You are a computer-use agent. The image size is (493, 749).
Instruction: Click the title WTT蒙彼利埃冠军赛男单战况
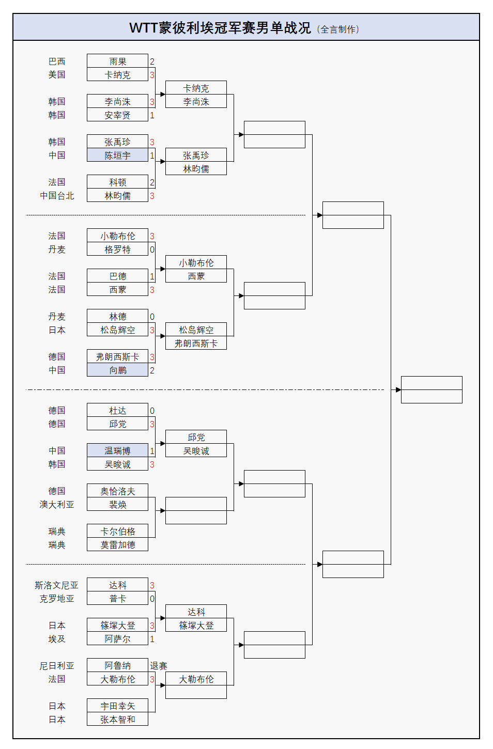pyautogui.click(x=220, y=28)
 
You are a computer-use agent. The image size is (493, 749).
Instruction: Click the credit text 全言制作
pyautogui.click(x=339, y=29)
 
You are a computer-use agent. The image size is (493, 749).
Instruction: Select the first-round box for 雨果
pyautogui.click(x=117, y=61)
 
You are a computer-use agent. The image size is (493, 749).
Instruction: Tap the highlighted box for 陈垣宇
pyautogui.click(x=117, y=155)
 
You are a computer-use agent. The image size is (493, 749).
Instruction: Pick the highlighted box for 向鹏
pyautogui.click(x=117, y=370)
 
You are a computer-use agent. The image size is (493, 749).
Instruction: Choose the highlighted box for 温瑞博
pyautogui.click(x=117, y=450)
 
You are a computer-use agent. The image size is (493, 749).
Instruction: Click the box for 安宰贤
pyautogui.click(x=117, y=115)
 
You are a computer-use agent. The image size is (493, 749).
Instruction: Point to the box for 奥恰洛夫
pyautogui.click(x=117, y=491)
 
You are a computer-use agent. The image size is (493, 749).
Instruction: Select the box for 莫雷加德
pyautogui.click(x=117, y=544)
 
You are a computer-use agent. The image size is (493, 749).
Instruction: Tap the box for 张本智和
pyautogui.click(x=117, y=719)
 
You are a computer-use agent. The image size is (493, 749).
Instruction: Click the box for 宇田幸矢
pyautogui.click(x=117, y=706)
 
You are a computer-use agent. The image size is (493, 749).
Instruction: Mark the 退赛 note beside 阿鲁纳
pyautogui.click(x=159, y=666)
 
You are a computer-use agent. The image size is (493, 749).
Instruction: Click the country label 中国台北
pyautogui.click(x=57, y=196)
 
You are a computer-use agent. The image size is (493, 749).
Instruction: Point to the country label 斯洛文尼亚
pyautogui.click(x=56, y=585)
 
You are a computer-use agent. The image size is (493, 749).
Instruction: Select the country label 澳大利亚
pyautogui.click(x=57, y=505)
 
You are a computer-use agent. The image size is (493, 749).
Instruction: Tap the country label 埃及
pyautogui.click(x=57, y=639)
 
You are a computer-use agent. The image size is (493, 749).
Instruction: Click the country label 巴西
pyautogui.click(x=57, y=61)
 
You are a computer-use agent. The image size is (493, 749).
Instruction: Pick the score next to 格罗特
pyautogui.click(x=152, y=249)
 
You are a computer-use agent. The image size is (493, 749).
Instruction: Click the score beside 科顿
pyautogui.click(x=152, y=182)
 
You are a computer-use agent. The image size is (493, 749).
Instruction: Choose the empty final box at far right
pyautogui.click(x=432, y=389)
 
